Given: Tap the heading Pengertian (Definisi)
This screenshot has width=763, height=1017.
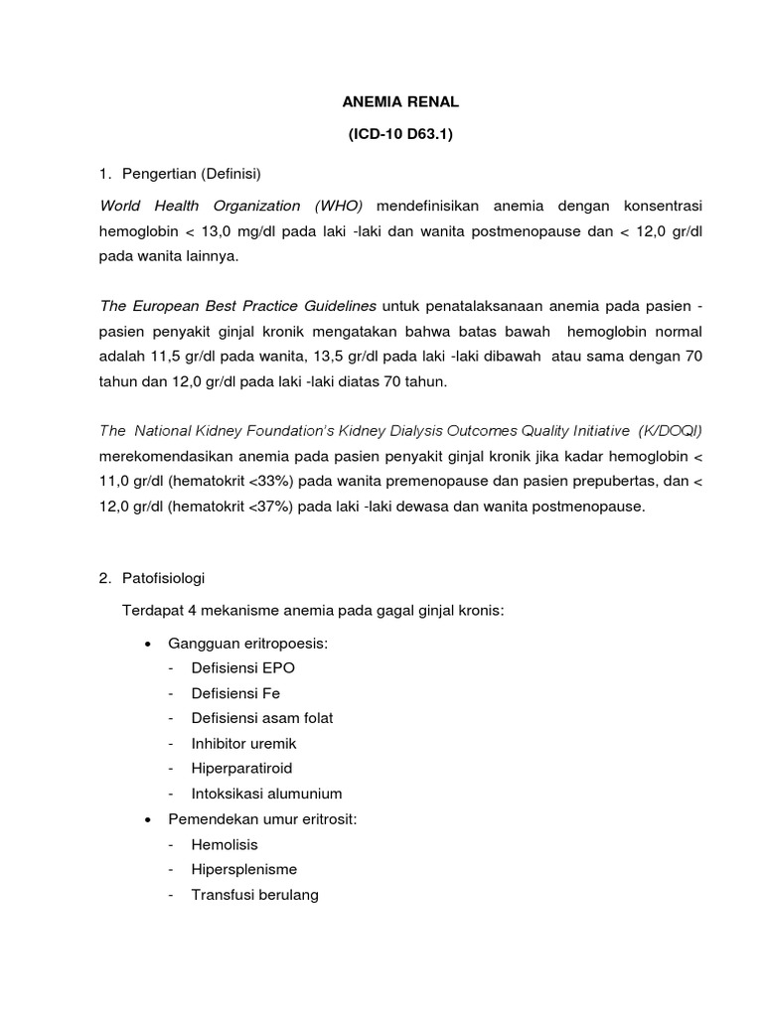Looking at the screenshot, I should click(x=190, y=173).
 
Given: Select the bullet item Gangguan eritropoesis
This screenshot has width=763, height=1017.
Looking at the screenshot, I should click(x=247, y=644).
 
